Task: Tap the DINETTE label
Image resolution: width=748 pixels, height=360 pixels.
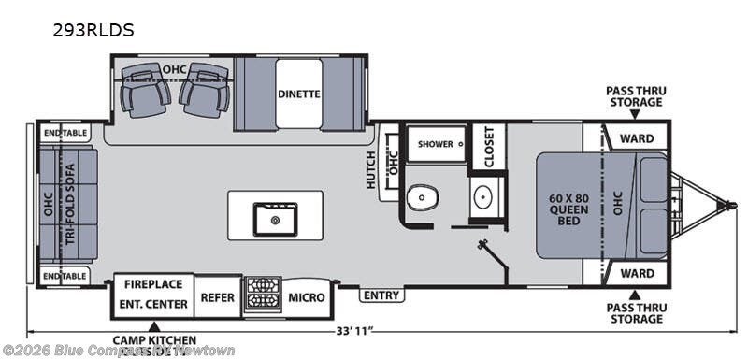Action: point(298,94)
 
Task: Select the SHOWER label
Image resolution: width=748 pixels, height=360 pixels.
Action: point(436,144)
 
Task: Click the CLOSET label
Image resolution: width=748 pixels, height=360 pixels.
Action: point(487,147)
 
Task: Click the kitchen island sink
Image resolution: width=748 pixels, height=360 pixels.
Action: point(275,219)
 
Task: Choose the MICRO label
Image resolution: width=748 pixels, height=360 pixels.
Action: point(307,297)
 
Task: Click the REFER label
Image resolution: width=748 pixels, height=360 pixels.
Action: point(219,297)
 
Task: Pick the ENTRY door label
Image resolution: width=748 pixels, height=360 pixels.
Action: point(381,295)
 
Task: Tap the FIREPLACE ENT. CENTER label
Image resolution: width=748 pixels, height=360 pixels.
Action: point(154,293)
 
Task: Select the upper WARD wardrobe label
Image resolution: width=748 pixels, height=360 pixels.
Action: point(637,138)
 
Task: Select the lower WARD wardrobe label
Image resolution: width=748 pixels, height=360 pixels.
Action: point(637,273)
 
